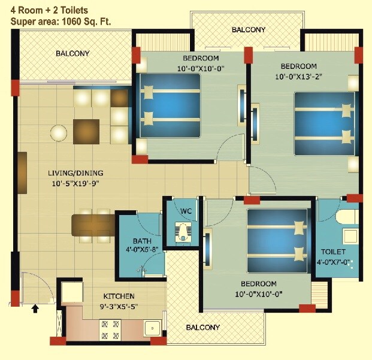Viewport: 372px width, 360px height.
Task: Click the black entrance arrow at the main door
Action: coord(35,308)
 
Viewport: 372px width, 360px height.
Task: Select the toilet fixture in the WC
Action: coord(183,232)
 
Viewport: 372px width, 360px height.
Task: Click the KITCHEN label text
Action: coord(119,296)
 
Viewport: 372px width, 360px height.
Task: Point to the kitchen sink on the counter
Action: coord(152,328)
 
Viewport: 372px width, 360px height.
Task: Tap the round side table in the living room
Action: coord(59,132)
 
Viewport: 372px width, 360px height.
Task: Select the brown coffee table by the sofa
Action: coord(86,131)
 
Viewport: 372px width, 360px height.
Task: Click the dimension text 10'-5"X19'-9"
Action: coord(74,184)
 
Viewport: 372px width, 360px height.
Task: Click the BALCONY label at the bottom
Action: coord(202,328)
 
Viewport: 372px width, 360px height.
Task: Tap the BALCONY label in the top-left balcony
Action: coord(72,53)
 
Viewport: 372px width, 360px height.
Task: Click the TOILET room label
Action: coord(333,252)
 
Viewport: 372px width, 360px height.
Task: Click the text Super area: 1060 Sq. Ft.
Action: coord(60,22)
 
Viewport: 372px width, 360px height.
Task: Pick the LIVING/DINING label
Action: coord(74,174)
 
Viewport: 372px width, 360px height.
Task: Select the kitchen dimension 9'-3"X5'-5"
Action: coord(119,306)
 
